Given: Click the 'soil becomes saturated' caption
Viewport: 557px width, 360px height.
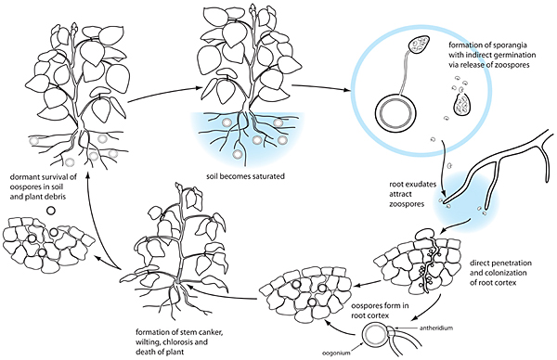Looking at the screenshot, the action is [245, 176].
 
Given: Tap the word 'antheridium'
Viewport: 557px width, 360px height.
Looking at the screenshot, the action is [436, 328].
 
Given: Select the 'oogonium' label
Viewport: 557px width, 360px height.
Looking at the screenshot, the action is [336, 353].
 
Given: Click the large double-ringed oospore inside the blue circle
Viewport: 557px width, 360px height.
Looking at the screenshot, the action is [396, 112].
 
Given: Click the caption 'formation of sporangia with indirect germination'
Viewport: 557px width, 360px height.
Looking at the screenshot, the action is [492, 55].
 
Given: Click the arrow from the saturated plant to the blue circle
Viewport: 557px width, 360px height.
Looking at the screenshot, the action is [320, 87].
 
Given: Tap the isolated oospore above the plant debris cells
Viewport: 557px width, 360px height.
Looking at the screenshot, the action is [51, 211].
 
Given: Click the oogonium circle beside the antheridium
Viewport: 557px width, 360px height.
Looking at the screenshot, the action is [374, 336].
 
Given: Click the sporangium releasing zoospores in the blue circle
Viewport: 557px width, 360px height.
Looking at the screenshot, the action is [461, 106].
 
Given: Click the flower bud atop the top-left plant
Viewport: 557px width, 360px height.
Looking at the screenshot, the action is [74, 30].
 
